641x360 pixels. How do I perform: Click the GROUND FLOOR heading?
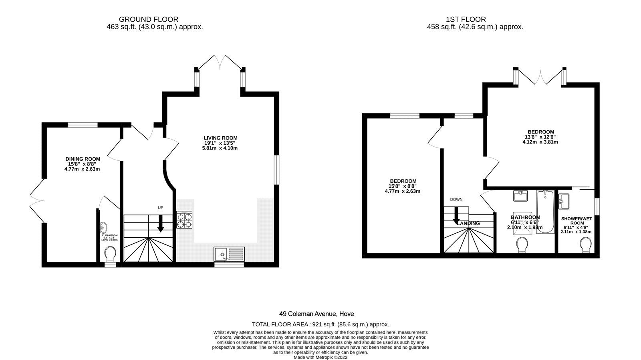tap(148, 19)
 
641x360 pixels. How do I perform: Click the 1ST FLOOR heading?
tap(466, 19)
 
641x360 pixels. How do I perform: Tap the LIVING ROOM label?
tap(220, 138)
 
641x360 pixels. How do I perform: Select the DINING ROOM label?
tap(83, 159)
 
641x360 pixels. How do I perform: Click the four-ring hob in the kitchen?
tap(184, 220)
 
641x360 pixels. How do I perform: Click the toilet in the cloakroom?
tap(110, 254)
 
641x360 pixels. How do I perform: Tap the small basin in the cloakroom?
tap(104, 228)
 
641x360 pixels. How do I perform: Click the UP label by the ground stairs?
tap(160, 208)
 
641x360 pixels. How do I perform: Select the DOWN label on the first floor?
tap(456, 199)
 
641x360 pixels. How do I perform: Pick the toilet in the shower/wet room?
tap(586, 245)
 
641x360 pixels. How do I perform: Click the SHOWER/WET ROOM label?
tap(576, 221)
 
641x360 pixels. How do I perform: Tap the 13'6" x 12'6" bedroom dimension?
tap(540, 137)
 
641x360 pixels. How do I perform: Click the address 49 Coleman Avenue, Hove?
tap(316, 314)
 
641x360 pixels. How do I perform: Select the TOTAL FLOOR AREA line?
tap(320, 324)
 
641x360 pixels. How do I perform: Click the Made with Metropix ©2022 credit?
tap(320, 357)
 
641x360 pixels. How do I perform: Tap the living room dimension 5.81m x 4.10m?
tap(220, 148)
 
